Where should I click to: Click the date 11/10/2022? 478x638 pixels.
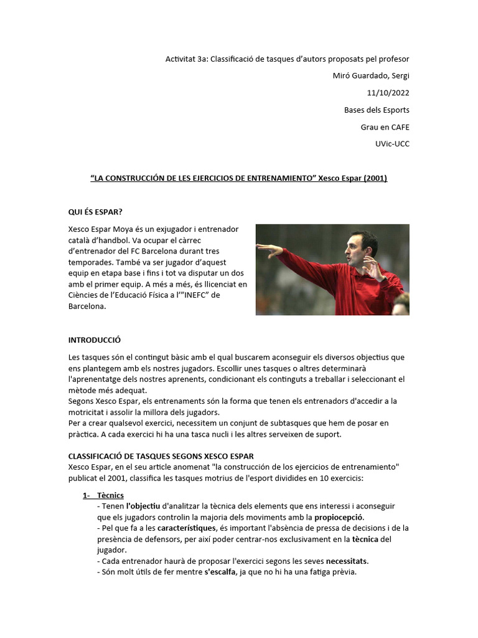click(x=388, y=93)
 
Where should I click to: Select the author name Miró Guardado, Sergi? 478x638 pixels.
click(x=372, y=76)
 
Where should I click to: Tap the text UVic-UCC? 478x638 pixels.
click(x=393, y=144)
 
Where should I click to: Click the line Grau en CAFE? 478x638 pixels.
click(x=385, y=127)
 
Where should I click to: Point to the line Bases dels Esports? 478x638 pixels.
click(x=377, y=110)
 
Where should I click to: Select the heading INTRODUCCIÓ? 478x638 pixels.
click(x=94, y=340)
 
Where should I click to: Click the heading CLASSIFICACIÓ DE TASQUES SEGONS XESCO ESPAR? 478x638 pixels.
click(x=161, y=456)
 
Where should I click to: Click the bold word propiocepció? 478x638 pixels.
click(x=339, y=517)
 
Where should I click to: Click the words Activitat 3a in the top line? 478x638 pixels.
click(x=186, y=59)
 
